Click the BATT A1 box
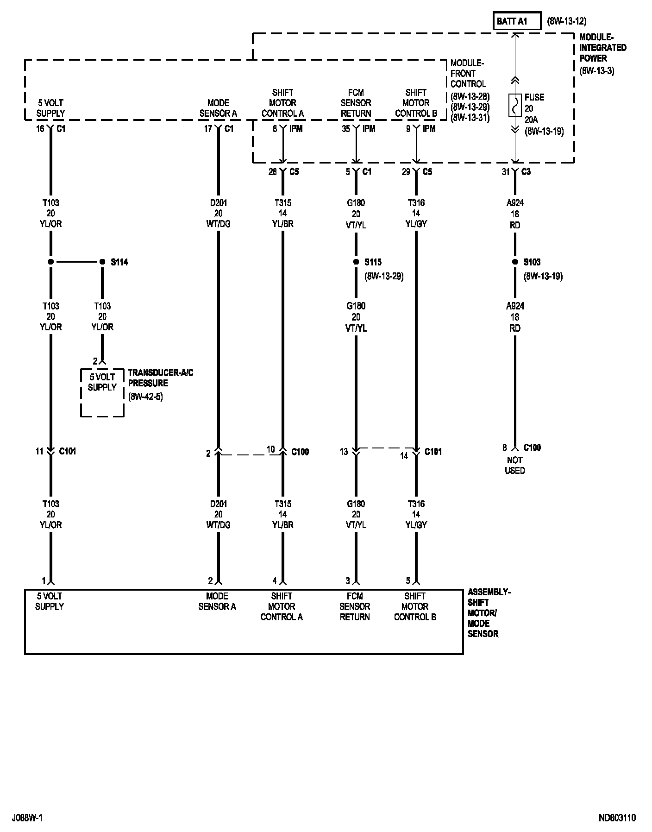click(x=516, y=21)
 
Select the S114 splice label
click(x=119, y=262)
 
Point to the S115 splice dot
click(x=356, y=262)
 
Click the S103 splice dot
click(x=515, y=262)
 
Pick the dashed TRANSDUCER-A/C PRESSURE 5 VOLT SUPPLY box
click(x=102, y=392)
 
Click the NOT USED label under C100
click(x=514, y=465)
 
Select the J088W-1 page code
click(x=28, y=818)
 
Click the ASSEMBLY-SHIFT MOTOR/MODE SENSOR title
click(x=489, y=613)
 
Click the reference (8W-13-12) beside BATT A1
click(x=567, y=21)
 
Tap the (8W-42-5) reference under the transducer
click(x=145, y=397)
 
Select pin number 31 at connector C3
click(x=505, y=172)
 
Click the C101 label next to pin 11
click(x=68, y=451)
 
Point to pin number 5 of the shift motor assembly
click(x=408, y=581)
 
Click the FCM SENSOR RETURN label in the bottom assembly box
click(x=355, y=606)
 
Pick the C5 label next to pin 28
click(x=294, y=172)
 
